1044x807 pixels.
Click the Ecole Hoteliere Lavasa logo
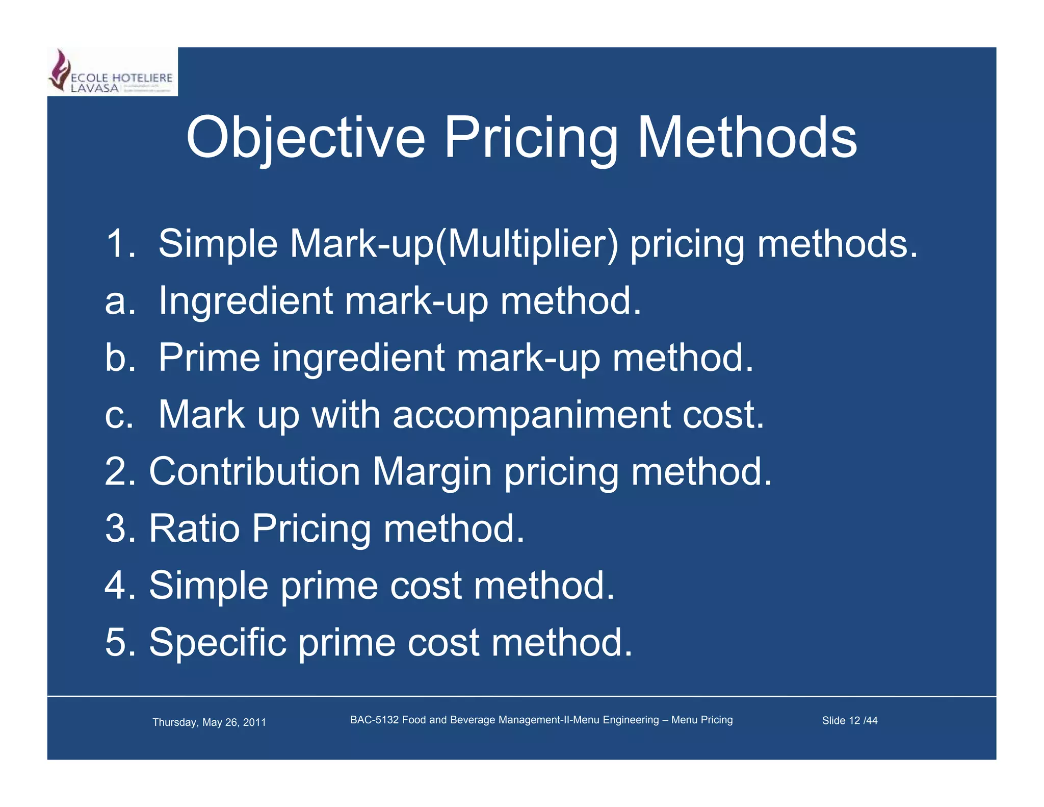pyautogui.click(x=112, y=72)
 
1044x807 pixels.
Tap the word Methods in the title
pyautogui.click(x=747, y=138)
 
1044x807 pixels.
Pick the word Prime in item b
pyautogui.click(x=210, y=358)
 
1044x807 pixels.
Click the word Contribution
pyautogui.click(x=255, y=471)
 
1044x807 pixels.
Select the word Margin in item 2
pyautogui.click(x=432, y=472)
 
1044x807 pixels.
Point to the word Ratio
pyautogui.click(x=194, y=528)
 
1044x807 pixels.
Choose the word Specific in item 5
pyautogui.click(x=218, y=642)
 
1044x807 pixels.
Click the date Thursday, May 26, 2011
pyautogui.click(x=209, y=722)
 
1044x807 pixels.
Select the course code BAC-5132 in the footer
pyautogui.click(x=374, y=720)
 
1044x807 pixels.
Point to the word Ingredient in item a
pyautogui.click(x=246, y=301)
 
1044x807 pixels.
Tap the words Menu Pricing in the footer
pyautogui.click(x=702, y=720)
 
